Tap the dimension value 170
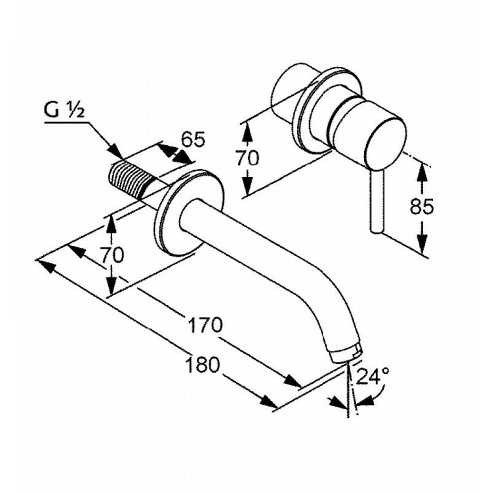(x=205, y=324)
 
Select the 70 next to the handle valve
(x=248, y=159)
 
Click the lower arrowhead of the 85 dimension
(x=423, y=249)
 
